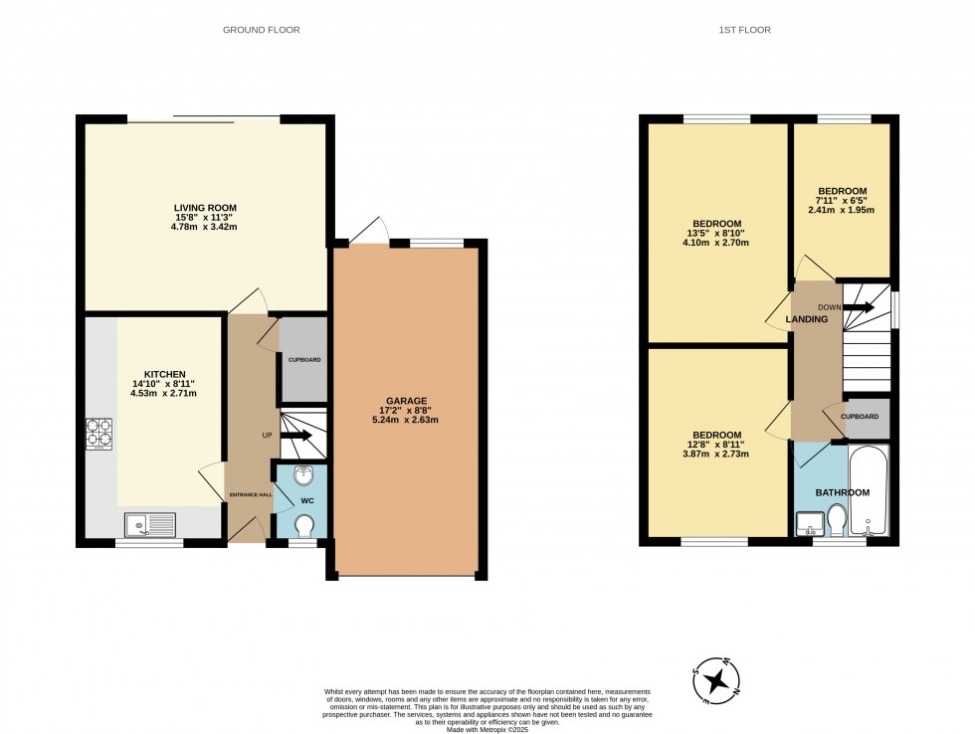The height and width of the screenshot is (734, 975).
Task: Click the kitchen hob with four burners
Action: (x=98, y=434)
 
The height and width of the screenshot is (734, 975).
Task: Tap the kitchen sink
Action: (x=150, y=525)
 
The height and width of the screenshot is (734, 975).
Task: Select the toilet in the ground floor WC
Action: (x=304, y=526)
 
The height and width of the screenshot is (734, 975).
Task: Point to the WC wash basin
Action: (x=304, y=475)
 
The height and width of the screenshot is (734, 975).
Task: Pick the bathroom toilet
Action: (x=837, y=520)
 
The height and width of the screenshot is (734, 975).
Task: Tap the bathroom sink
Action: (x=810, y=523)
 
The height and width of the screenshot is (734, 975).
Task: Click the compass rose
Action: (x=717, y=680)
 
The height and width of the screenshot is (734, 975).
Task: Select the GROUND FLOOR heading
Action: (x=261, y=30)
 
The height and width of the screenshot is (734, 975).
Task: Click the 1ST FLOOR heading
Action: (x=744, y=30)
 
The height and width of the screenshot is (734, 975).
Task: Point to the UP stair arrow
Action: (x=296, y=436)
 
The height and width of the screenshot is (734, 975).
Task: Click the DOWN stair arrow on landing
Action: (x=860, y=307)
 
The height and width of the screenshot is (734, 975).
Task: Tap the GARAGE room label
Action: (x=407, y=401)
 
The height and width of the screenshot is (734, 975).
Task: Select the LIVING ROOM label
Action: (x=205, y=208)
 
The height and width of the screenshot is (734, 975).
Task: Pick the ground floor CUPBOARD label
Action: (x=304, y=360)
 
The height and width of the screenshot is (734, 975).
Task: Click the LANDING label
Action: (x=807, y=319)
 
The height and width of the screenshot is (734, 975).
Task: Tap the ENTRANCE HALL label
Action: (x=251, y=494)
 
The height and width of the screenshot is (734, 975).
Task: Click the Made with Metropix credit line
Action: (x=487, y=729)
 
